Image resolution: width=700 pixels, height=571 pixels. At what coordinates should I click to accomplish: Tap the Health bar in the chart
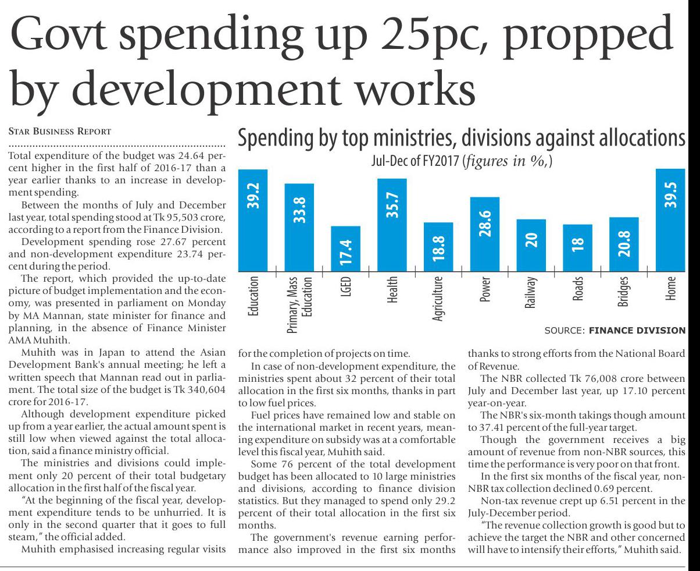pyautogui.click(x=392, y=225)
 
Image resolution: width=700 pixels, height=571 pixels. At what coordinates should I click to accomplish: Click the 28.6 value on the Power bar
pyautogui.click(x=485, y=224)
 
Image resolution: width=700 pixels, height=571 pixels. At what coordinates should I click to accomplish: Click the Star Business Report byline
pyautogui.click(x=60, y=131)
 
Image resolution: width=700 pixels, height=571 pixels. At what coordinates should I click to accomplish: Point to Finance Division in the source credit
pyautogui.click(x=637, y=331)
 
